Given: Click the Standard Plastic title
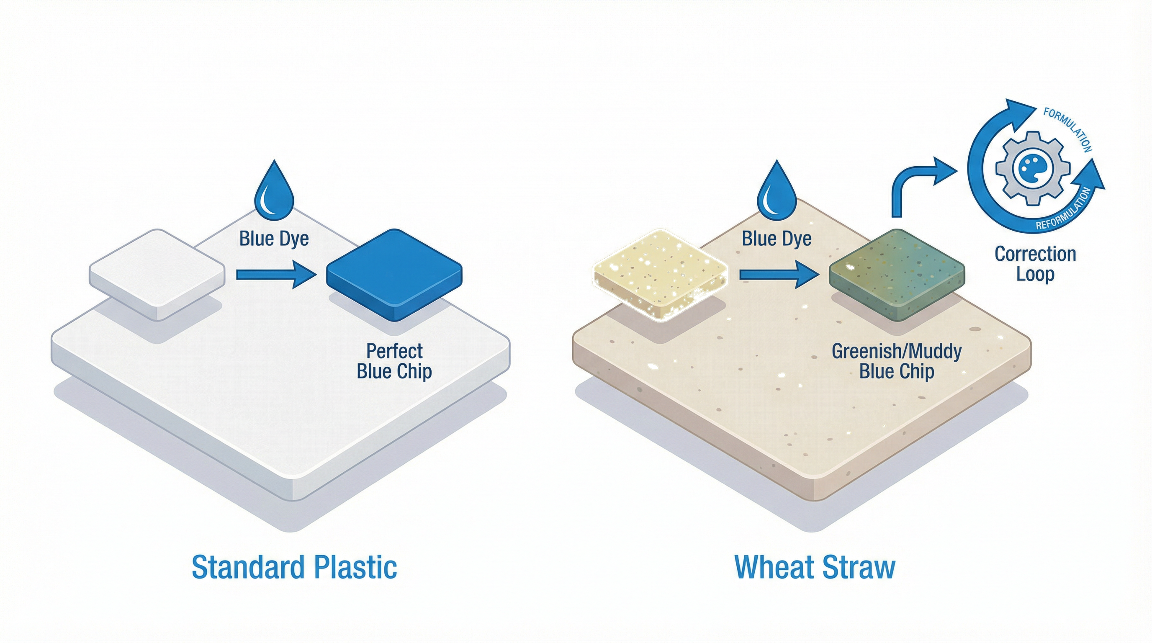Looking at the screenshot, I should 294,567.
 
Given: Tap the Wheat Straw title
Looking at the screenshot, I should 815,567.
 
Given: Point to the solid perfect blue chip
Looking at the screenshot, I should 394,274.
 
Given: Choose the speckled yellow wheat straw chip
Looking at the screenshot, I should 660,274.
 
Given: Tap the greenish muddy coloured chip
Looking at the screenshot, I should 897,274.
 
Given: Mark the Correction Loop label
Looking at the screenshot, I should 1035,264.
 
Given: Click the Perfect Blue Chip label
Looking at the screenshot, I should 394,361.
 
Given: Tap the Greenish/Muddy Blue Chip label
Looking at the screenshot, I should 897,361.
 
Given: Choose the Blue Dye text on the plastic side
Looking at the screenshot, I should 274,239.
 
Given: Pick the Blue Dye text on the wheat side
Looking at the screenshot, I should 777,239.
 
